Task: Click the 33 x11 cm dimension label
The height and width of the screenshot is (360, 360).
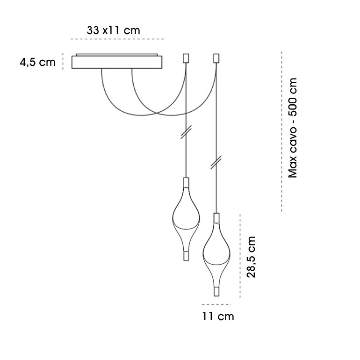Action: click(x=114, y=30)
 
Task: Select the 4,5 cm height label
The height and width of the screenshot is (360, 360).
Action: click(x=38, y=62)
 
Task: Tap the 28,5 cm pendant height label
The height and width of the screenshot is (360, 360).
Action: click(x=251, y=257)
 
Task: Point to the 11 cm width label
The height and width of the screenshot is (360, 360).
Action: click(x=218, y=317)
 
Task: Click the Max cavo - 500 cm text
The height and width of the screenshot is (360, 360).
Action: click(x=293, y=128)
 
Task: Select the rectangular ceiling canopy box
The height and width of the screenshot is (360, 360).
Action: click(x=117, y=61)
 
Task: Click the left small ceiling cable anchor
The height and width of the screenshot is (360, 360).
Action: click(x=186, y=58)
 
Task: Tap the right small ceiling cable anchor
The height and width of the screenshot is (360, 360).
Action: click(x=216, y=58)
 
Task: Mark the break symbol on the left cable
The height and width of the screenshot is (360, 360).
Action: click(x=186, y=132)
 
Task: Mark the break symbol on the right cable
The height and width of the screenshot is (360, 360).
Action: click(x=216, y=162)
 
